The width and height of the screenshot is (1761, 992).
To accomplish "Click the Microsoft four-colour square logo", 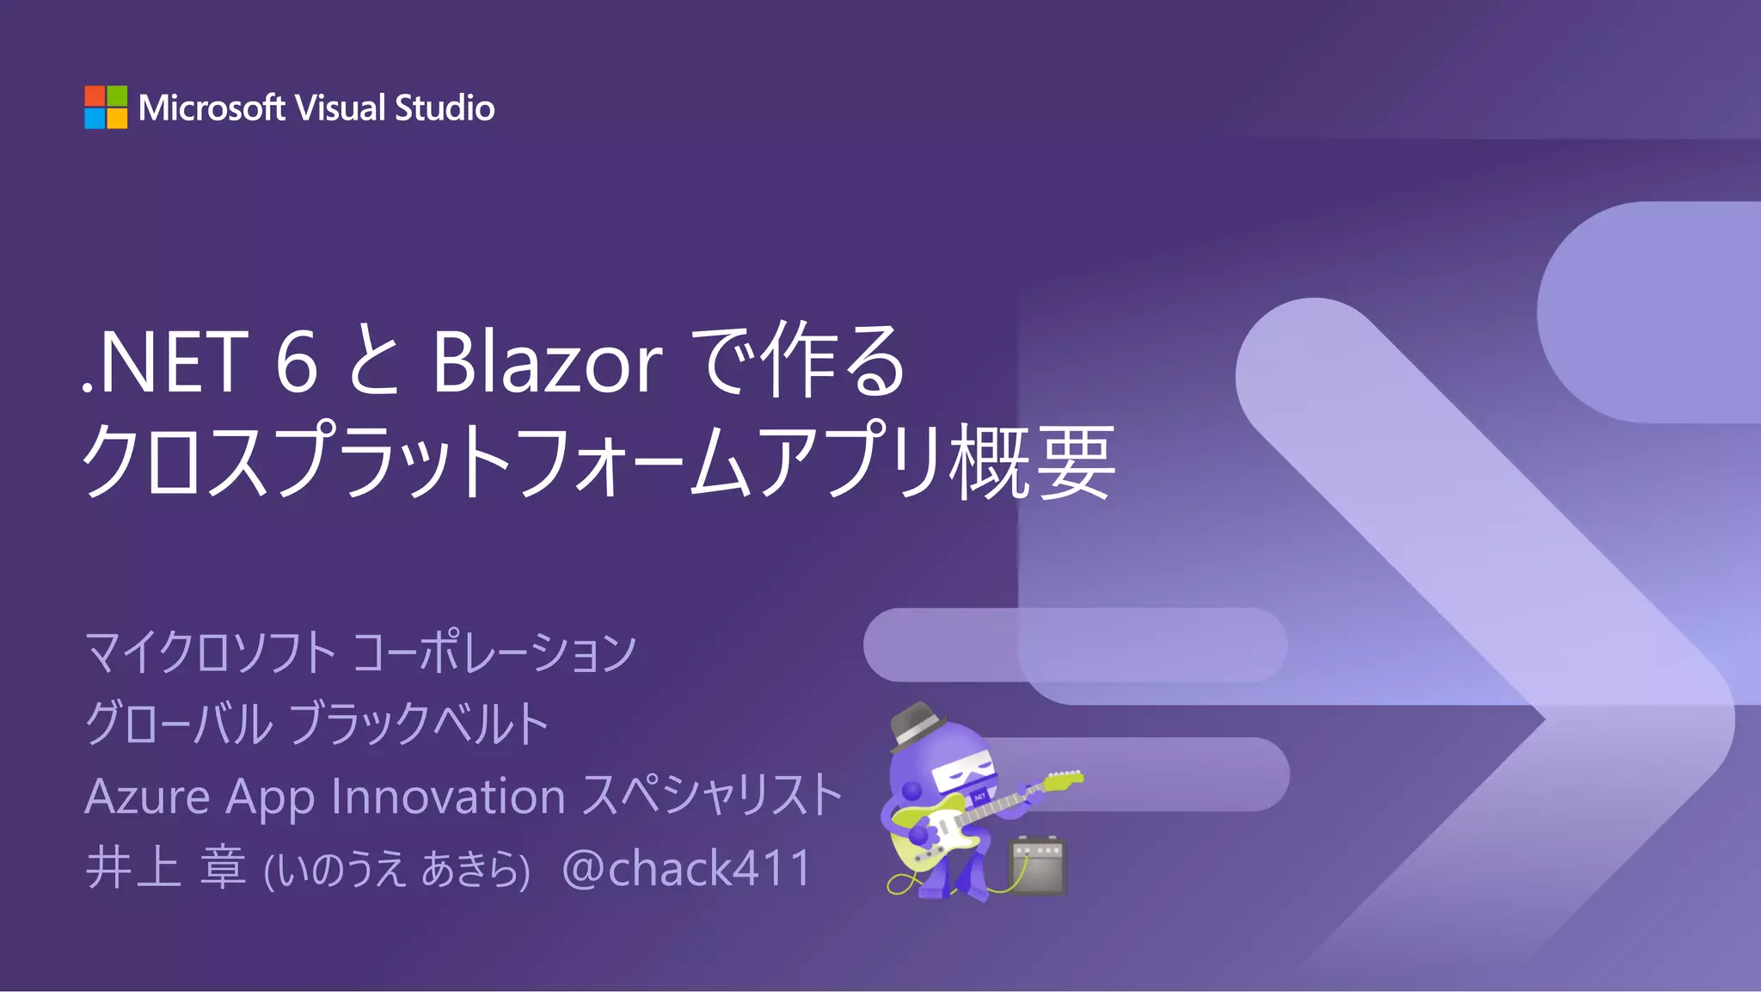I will (x=106, y=108).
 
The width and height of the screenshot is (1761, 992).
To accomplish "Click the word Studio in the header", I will (x=445, y=108).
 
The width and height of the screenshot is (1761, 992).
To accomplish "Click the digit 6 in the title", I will (x=297, y=362).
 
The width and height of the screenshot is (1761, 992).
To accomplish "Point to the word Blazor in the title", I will (x=547, y=362).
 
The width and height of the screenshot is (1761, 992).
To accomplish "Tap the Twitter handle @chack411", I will (x=686, y=868).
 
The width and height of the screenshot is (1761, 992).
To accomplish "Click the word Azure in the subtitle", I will (x=148, y=797).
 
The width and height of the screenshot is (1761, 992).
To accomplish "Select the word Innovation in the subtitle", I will (x=448, y=797).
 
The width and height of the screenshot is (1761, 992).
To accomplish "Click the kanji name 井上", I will (x=133, y=867).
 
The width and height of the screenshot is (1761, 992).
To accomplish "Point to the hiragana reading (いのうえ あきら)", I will (x=396, y=869).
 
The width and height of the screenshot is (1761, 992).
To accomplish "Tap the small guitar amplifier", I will (x=1037, y=865).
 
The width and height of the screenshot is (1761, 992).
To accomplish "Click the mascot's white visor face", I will (x=962, y=774).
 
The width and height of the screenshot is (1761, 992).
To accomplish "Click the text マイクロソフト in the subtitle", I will (x=211, y=652).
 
